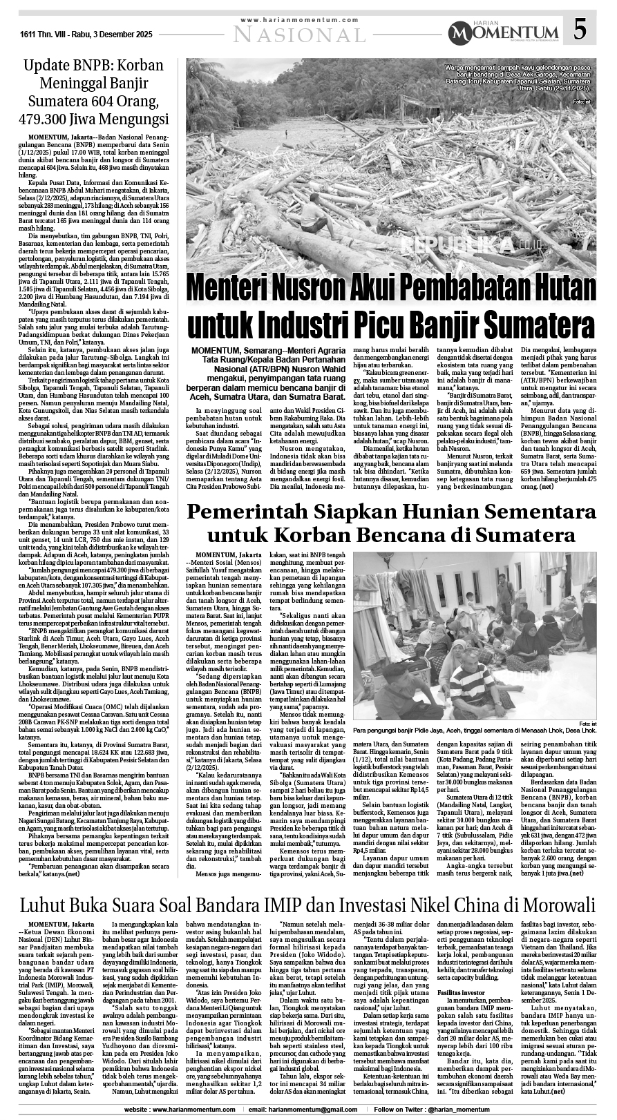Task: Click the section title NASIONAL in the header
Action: coord(300,35)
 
